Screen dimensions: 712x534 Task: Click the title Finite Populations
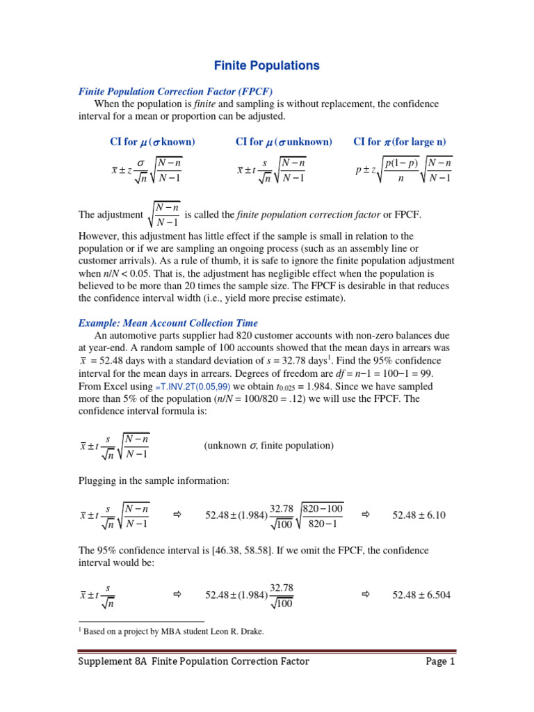[x=266, y=65]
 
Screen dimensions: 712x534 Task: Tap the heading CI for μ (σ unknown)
[x=284, y=142]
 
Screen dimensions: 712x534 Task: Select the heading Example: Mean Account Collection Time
[x=168, y=323]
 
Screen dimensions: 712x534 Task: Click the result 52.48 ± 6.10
[x=419, y=515]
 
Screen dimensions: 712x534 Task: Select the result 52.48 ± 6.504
[x=421, y=595]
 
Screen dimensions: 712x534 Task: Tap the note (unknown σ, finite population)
[x=268, y=446]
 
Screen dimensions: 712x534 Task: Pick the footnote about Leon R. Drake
[x=171, y=631]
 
